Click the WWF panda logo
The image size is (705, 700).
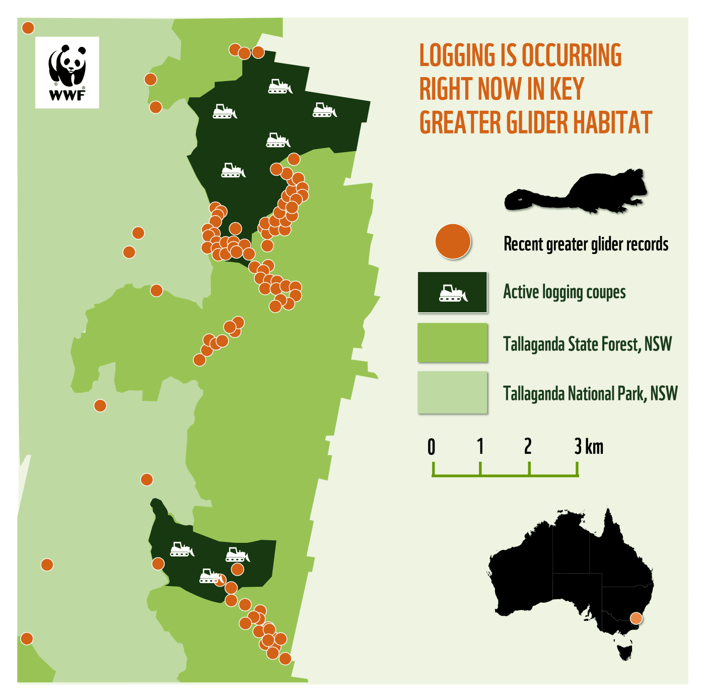[67, 72]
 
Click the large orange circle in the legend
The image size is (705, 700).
[453, 242]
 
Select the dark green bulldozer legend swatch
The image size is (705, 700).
[452, 293]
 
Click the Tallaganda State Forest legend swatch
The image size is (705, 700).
[452, 343]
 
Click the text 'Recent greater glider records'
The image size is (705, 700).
[586, 244]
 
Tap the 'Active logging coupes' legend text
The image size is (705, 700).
[564, 292]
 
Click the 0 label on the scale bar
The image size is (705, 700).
[432, 447]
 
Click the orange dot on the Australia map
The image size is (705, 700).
[637, 618]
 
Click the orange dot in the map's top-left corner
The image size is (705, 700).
[28, 28]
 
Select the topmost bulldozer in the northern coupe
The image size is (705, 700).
[279, 87]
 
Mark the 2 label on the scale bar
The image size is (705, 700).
[528, 447]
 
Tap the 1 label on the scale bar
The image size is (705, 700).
[480, 447]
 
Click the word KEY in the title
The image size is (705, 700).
[567, 89]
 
